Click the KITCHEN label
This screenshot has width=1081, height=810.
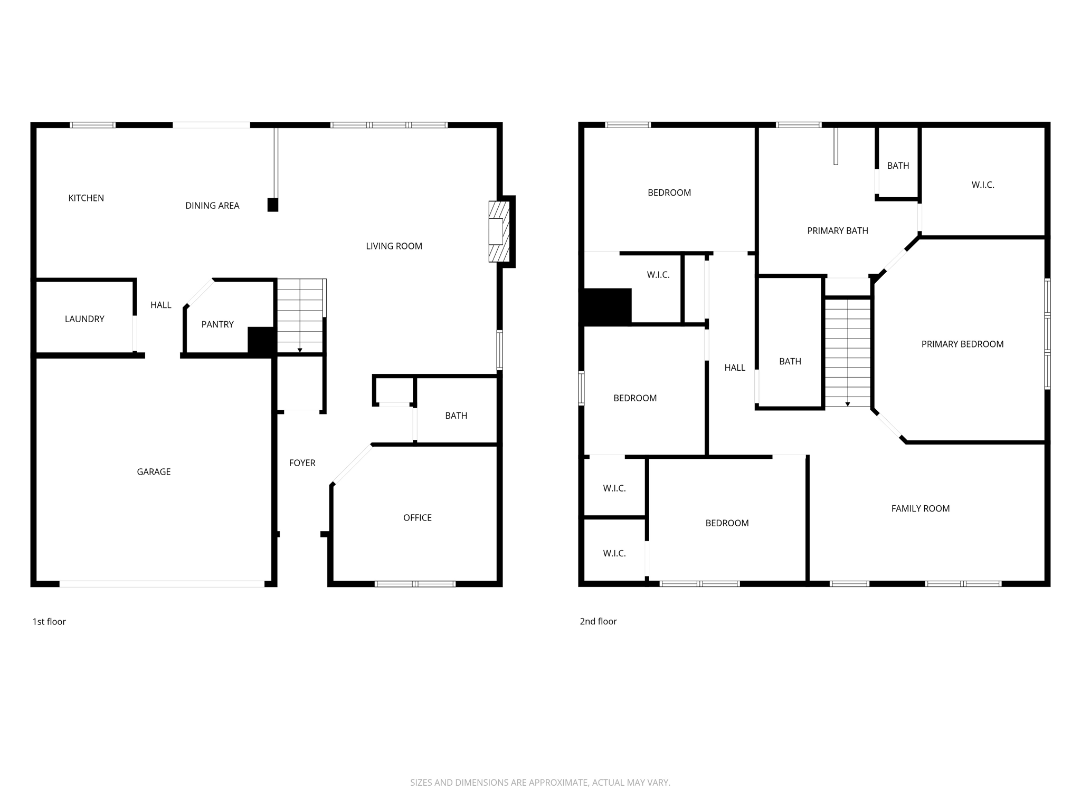[x=86, y=198]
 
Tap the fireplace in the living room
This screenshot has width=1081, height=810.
[x=498, y=232]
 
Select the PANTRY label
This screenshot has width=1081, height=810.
[x=217, y=324]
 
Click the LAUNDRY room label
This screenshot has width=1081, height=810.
[x=84, y=319]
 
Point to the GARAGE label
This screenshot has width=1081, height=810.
[x=154, y=472]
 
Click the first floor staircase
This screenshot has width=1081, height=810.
[x=300, y=316]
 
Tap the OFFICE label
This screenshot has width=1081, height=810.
[x=418, y=518]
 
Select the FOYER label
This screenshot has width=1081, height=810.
[x=302, y=463]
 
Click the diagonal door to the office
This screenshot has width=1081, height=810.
[x=352, y=464]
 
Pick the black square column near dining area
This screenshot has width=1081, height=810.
[x=273, y=205]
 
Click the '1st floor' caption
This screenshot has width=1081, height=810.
[x=49, y=622]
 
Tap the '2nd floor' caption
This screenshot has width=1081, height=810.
[x=598, y=621]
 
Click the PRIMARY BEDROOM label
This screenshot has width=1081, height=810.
[x=962, y=344]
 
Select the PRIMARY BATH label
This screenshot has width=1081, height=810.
[x=838, y=230]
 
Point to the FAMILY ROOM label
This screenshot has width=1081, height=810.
[x=921, y=509]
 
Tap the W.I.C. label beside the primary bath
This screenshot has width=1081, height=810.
[x=983, y=185]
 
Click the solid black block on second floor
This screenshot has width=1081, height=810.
[x=607, y=306]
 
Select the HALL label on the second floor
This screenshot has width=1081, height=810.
[x=735, y=368]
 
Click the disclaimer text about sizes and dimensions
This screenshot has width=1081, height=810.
[x=540, y=783]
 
